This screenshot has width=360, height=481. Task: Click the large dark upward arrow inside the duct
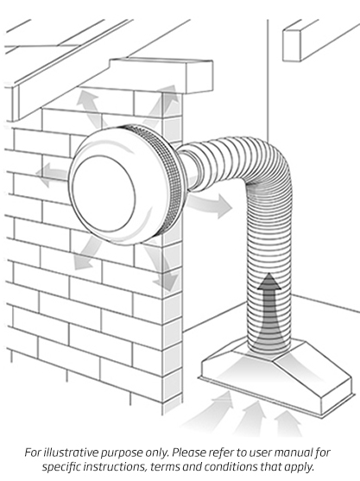click(x=271, y=311)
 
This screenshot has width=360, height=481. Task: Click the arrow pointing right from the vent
click(x=212, y=205)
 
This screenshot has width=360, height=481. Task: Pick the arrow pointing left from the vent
click(x=54, y=175)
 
